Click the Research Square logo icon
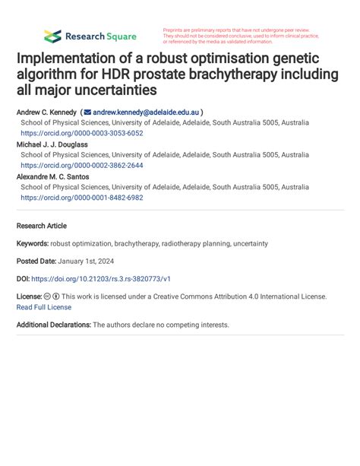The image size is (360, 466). pos(52,36)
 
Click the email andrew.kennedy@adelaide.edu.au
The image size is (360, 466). pos(145,111)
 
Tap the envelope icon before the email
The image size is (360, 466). pos(87,111)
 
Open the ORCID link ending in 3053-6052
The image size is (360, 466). pos(81,132)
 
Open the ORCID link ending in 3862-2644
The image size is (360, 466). pos(81,165)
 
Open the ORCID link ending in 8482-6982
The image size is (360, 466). pos(81,198)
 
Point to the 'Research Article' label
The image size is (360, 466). pos(41,226)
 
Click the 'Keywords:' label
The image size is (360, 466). pos(33,244)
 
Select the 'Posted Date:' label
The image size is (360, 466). pos(37,262)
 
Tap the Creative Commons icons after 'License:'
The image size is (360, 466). pos(51,296)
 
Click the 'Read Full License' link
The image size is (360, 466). pos(43,307)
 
